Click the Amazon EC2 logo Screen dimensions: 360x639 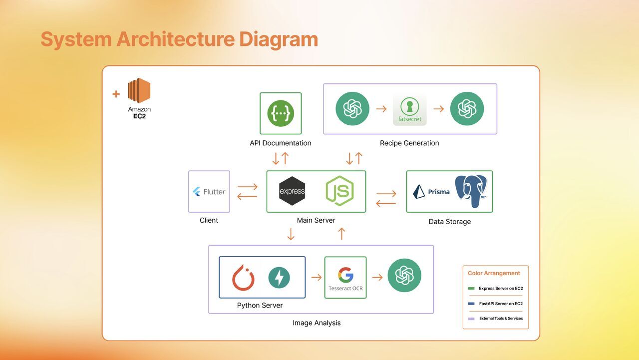tap(139, 91)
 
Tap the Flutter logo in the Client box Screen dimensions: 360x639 tap(209, 192)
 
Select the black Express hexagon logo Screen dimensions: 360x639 tap(292, 191)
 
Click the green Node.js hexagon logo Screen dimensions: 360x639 tap(339, 191)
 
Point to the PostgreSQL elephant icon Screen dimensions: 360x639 tap(471, 191)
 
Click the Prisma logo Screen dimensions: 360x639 tap(432, 192)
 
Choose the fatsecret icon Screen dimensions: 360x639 tap(410, 109)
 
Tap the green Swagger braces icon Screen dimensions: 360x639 tap(281, 113)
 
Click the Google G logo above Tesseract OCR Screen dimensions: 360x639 tap(345, 275)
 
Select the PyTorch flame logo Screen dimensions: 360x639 tap(243, 278)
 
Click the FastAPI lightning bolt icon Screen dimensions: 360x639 tap(279, 278)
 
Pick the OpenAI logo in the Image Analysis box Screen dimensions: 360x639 tap(404, 275)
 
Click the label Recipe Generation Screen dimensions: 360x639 tap(409, 143)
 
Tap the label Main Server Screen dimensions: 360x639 tap(316, 220)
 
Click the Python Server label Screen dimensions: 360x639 tap(260, 306)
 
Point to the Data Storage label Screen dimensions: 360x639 tap(449, 222)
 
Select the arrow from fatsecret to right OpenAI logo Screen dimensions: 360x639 tap(438, 109)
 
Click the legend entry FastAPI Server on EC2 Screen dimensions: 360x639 tap(500, 304)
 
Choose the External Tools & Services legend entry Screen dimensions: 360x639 tap(500, 319)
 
